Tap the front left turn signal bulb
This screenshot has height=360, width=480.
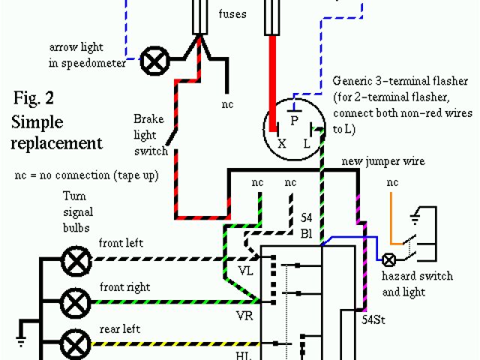coord(76,262)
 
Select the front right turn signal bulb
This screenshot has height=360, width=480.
coord(76,303)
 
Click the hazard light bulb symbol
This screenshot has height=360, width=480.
coord(390,260)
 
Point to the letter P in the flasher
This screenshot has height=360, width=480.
coord(294,118)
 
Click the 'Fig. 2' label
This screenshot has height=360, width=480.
coord(34,98)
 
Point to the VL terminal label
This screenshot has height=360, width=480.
coord(245,269)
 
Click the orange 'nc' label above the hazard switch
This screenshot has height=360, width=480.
coord(392,183)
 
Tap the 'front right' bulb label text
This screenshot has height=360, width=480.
coord(124,287)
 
